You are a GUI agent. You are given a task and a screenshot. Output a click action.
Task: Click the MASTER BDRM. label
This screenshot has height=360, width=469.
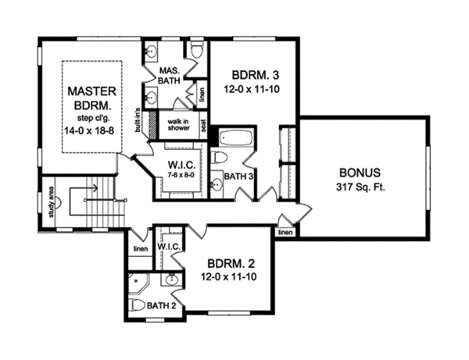click(x=91, y=98)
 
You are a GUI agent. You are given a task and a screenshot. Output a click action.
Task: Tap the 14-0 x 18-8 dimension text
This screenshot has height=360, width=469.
click(x=89, y=130)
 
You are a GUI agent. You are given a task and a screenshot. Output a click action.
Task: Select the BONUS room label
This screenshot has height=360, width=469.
click(x=360, y=173)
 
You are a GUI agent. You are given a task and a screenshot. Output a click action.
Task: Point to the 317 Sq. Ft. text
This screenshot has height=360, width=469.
click(x=360, y=187)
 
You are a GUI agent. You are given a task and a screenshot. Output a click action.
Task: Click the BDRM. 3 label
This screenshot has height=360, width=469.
click(x=256, y=75)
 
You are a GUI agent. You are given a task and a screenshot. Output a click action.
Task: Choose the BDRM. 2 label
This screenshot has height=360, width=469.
click(x=231, y=264)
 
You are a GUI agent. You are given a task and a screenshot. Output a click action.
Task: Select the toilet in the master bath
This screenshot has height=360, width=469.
click(x=196, y=51)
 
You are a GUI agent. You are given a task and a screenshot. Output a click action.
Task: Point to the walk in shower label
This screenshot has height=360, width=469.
click(x=178, y=125)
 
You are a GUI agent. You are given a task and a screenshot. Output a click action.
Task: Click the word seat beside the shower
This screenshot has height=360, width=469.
click(x=203, y=126)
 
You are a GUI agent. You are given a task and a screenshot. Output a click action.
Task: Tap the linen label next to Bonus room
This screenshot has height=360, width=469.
click(x=285, y=232)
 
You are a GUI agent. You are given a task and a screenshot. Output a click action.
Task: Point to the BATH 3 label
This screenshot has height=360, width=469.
click(x=238, y=176)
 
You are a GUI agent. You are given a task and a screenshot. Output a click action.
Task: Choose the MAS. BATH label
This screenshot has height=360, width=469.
click(x=169, y=76)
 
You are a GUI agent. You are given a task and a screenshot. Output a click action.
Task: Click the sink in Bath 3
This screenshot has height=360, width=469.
click(x=217, y=184)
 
